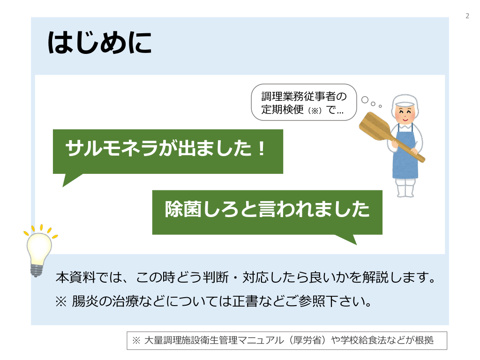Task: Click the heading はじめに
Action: [x=99, y=43]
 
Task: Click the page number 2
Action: [x=467, y=16]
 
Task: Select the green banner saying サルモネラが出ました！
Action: [x=168, y=152]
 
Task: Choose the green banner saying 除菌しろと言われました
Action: [x=267, y=213]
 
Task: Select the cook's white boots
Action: [x=405, y=188]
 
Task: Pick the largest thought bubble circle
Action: [x=365, y=100]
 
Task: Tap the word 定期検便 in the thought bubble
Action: [x=282, y=109]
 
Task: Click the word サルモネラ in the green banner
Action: [x=112, y=148]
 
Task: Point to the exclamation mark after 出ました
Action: [x=262, y=149]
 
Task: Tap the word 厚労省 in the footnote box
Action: [x=307, y=340]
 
